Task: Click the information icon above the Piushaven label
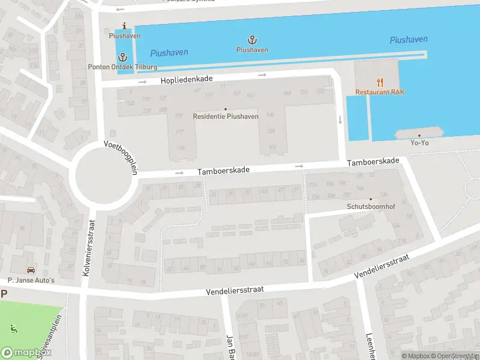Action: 124,26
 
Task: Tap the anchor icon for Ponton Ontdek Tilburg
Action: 123,57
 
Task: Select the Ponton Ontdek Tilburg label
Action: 123,67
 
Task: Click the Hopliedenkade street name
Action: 187,79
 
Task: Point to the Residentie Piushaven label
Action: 226,116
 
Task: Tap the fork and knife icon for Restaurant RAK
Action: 380,82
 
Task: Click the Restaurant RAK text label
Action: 380,92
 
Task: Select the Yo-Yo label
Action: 419,143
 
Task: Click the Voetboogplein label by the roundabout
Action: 121,157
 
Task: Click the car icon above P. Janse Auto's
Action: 31,270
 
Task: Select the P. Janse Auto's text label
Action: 31,280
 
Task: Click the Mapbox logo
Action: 25,352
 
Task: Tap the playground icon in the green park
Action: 13,329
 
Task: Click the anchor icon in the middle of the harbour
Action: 253,40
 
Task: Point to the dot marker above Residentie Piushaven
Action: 226,109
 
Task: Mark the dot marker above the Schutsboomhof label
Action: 370,199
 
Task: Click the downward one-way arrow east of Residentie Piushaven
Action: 340,119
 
